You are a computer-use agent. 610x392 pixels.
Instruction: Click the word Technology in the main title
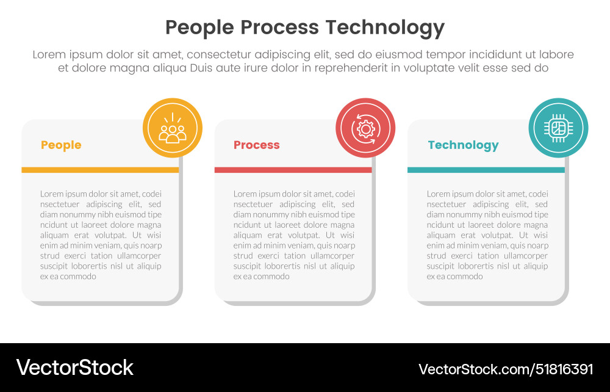pyautogui.click(x=384, y=27)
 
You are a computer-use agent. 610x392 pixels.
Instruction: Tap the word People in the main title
pyautogui.click(x=199, y=27)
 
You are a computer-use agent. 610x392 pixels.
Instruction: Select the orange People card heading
pyautogui.click(x=61, y=145)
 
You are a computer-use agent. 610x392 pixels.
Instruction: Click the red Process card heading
pyautogui.click(x=256, y=145)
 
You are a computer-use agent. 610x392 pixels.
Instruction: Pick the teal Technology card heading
pyautogui.click(x=463, y=145)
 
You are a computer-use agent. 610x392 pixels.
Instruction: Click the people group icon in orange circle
pyautogui.click(x=172, y=128)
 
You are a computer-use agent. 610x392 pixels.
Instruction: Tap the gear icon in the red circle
pyautogui.click(x=365, y=128)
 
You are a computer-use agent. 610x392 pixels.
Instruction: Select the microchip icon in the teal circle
pyautogui.click(x=558, y=128)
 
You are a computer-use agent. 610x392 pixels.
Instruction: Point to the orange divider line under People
pyautogui.click(x=100, y=170)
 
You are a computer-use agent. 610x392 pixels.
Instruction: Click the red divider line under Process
pyautogui.click(x=293, y=170)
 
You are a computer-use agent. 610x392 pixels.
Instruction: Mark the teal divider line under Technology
pyautogui.click(x=486, y=170)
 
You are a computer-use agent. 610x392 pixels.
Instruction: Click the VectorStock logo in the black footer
pyautogui.click(x=74, y=368)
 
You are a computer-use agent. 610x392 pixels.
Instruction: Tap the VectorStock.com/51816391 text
pyautogui.click(x=506, y=369)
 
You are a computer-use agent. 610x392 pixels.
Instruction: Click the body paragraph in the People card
pyautogui.click(x=101, y=235)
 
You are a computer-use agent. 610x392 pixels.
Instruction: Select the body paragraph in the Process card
pyautogui.click(x=293, y=235)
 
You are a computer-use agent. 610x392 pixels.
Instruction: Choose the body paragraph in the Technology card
pyautogui.click(x=487, y=235)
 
